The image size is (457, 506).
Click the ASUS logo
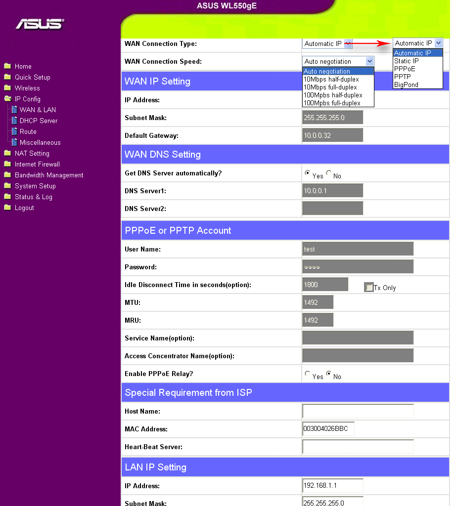pos(40,24)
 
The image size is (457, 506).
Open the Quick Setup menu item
pos(32,77)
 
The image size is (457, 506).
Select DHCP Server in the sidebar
pos(38,121)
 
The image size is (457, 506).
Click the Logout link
pos(24,208)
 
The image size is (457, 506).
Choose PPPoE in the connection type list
pos(405,69)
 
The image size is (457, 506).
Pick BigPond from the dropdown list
pos(406,84)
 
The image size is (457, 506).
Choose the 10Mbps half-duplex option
pos(331,79)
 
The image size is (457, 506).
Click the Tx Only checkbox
pos(369,287)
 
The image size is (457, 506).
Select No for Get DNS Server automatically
pos(329,173)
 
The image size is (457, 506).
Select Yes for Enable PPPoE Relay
pos(307,374)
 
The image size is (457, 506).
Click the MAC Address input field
pos(328,429)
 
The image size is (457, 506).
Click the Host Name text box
pos(358,411)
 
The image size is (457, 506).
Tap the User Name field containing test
pos(358,249)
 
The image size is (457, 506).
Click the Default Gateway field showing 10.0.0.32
pos(332,135)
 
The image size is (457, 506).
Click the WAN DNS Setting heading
pos(163,154)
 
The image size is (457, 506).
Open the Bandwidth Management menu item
pos(49,175)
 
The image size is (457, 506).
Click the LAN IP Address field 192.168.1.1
pos(332,486)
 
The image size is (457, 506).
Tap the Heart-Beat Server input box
pos(358,447)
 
